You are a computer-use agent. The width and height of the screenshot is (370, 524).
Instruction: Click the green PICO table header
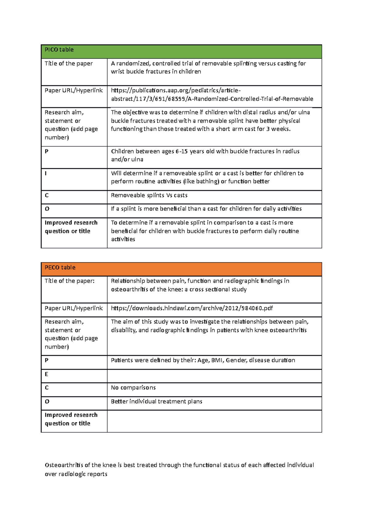(181, 52)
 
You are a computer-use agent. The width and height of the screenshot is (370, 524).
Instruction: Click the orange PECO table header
(181, 269)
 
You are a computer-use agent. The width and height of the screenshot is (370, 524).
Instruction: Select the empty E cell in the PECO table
(214, 376)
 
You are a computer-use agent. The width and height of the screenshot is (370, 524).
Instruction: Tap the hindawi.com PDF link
(192, 308)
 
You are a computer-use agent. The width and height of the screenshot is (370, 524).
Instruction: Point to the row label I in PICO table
(46, 173)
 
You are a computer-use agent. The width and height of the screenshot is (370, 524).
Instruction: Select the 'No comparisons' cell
(133, 388)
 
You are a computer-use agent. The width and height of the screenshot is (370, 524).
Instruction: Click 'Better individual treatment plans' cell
(156, 401)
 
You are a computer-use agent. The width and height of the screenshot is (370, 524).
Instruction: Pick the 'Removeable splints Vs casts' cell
(149, 195)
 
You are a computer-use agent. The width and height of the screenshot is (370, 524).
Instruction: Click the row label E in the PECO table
(47, 374)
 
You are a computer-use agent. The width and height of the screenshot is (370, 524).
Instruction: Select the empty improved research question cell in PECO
(214, 421)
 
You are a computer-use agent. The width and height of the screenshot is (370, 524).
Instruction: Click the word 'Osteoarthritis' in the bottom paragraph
(64, 465)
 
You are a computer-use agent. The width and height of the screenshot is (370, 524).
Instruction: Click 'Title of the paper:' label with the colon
(69, 281)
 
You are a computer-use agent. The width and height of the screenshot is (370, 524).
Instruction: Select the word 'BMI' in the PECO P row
(217, 360)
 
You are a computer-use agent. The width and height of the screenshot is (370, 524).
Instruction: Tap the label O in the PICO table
(47, 209)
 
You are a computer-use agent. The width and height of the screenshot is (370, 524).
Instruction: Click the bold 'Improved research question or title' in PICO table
(71, 227)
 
